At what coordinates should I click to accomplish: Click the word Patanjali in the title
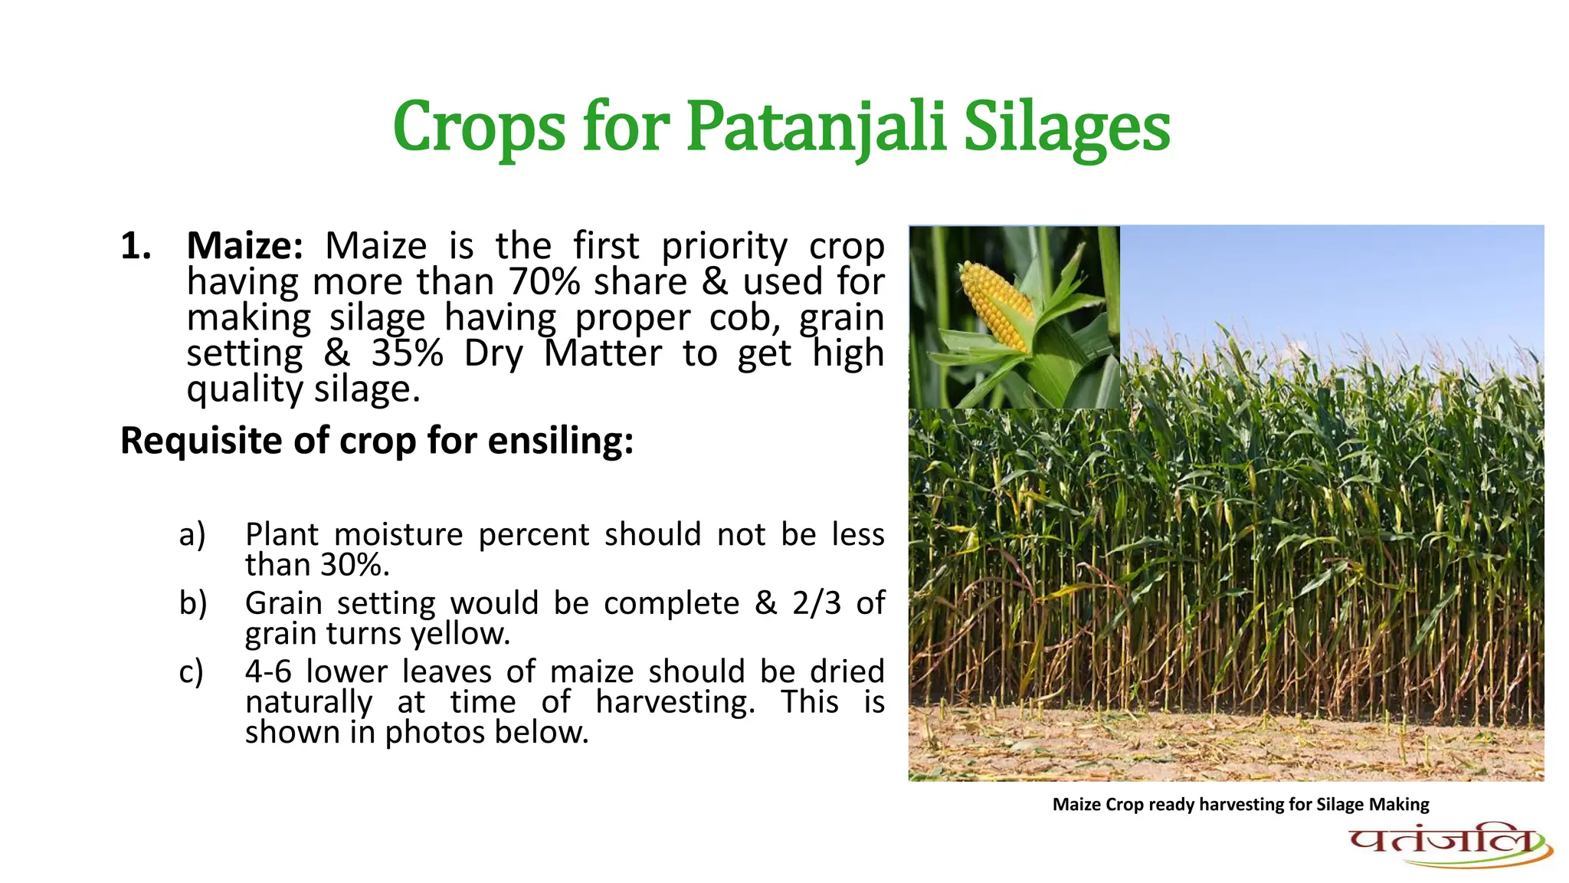click(x=816, y=126)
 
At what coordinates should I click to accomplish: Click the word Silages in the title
click(x=1066, y=126)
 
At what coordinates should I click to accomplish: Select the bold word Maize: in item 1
click(x=244, y=246)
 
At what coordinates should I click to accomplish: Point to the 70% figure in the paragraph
click(x=544, y=282)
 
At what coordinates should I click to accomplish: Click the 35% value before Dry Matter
click(x=407, y=353)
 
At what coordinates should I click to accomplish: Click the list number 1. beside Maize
click(x=136, y=246)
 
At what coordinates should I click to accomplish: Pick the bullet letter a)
click(x=192, y=534)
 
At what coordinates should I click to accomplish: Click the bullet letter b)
click(x=193, y=603)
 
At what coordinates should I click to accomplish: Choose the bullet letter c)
click(x=192, y=672)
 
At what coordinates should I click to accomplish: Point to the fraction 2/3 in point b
click(x=816, y=603)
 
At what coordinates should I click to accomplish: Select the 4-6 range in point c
click(x=268, y=672)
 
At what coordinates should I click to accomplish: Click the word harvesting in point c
click(x=674, y=702)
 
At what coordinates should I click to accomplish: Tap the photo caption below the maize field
click(x=1240, y=804)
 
